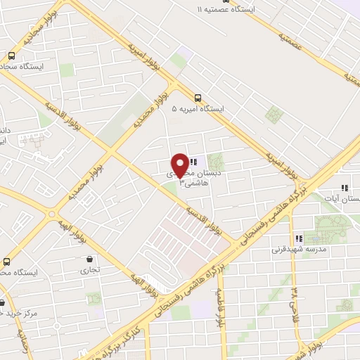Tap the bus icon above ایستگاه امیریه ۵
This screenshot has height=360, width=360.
tap(197, 98)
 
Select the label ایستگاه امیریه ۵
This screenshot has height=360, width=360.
tap(198, 109)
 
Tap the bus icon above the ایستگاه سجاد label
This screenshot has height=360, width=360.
tap(11, 56)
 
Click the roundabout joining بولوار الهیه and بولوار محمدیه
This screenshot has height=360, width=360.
tap(52, 214)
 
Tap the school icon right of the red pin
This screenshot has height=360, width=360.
tap(193, 162)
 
